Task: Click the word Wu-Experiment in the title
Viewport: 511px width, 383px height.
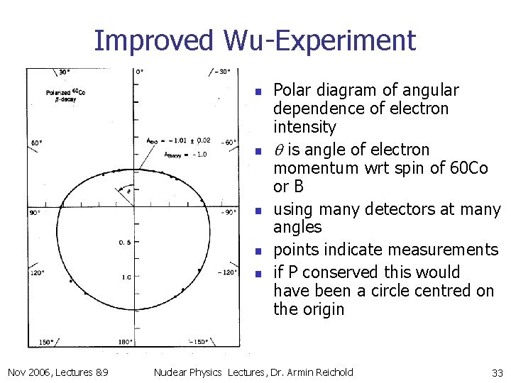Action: [x=319, y=40]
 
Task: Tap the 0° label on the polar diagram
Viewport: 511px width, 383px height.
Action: [x=140, y=72]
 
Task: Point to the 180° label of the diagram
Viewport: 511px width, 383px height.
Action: [x=124, y=342]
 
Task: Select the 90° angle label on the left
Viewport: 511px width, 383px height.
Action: [x=34, y=212]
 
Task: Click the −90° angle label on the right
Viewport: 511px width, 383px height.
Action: [x=229, y=212]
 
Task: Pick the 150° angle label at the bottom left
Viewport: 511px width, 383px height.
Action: [x=45, y=342]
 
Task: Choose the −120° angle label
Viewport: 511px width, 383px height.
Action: [x=228, y=272]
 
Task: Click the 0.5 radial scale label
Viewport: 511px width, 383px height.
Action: [x=124, y=243]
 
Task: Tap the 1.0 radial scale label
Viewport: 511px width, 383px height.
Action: [x=126, y=277]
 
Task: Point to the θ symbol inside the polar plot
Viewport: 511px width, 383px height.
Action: [x=128, y=190]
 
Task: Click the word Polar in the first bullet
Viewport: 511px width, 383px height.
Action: [x=290, y=90]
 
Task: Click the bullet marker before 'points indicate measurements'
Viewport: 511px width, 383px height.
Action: [x=260, y=250]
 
